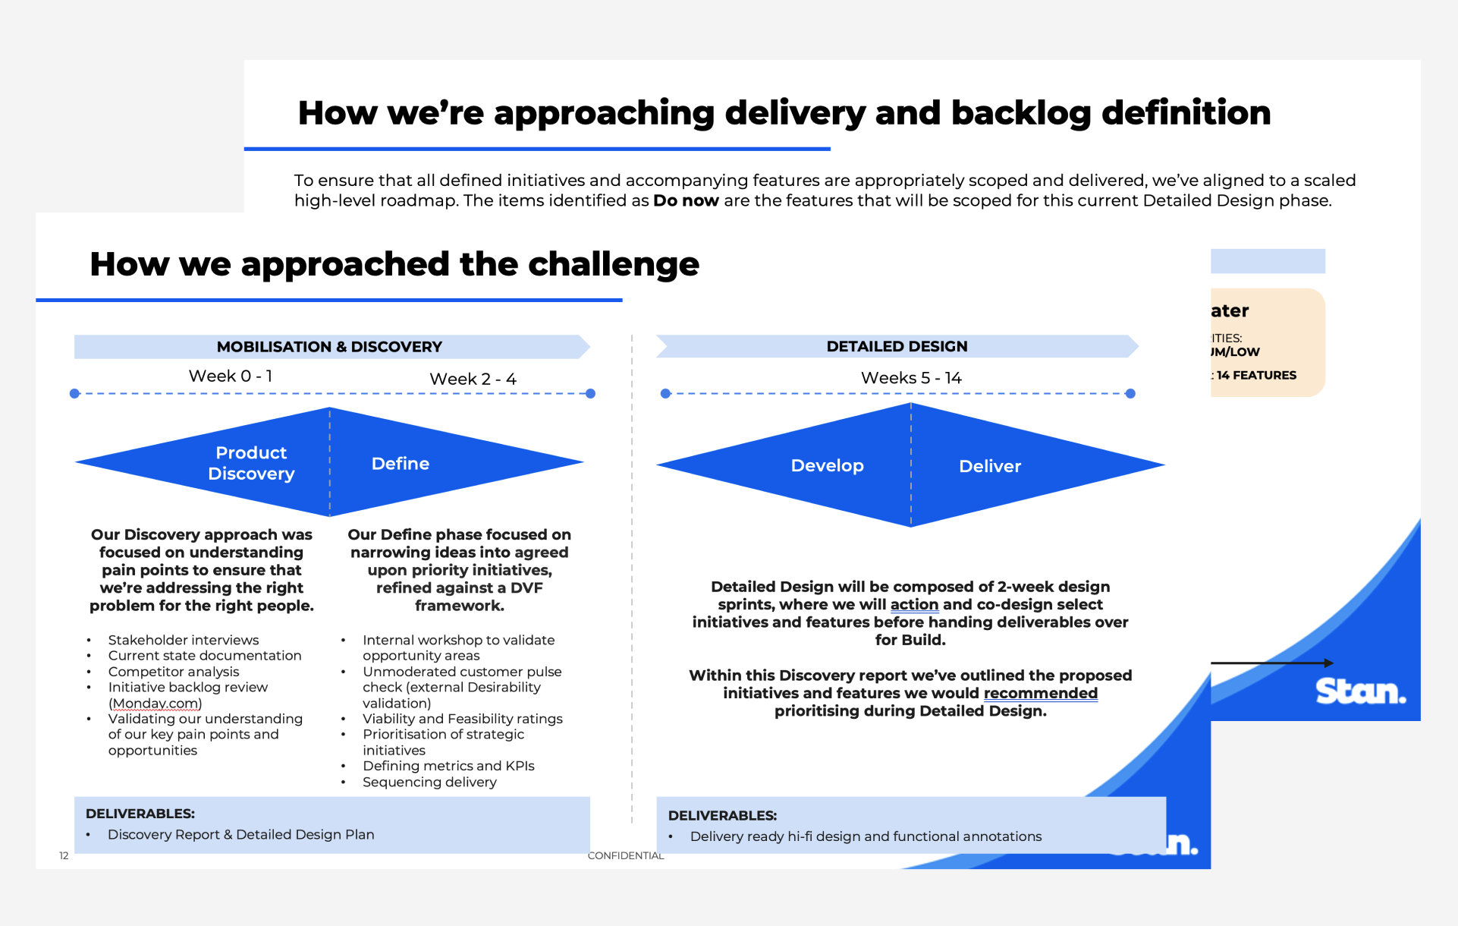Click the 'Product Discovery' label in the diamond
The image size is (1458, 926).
[x=251, y=463]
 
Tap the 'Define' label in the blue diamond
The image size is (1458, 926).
[x=401, y=464]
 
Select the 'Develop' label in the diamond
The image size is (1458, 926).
[x=827, y=466]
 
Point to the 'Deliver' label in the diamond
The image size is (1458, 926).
[x=990, y=467]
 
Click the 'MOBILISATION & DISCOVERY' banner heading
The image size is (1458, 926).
[x=329, y=347]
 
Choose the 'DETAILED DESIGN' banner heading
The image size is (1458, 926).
[x=897, y=346]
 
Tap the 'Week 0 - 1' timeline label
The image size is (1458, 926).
[x=231, y=376]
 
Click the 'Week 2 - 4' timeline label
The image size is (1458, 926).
[x=473, y=379]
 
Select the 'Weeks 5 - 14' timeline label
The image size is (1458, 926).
[x=911, y=378]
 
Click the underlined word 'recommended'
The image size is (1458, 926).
[x=1040, y=693]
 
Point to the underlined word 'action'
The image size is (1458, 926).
[x=914, y=605]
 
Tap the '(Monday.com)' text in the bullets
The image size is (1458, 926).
[x=156, y=704]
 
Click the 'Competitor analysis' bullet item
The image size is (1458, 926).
[x=174, y=672]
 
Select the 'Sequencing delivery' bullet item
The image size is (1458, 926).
[x=429, y=783]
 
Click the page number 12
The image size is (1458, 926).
[x=64, y=856]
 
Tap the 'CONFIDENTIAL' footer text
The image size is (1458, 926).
[x=625, y=856]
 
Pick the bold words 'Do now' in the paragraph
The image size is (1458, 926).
[x=686, y=201]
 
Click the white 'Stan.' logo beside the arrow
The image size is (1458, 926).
[x=1360, y=691]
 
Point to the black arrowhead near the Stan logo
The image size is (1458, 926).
[x=1328, y=663]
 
